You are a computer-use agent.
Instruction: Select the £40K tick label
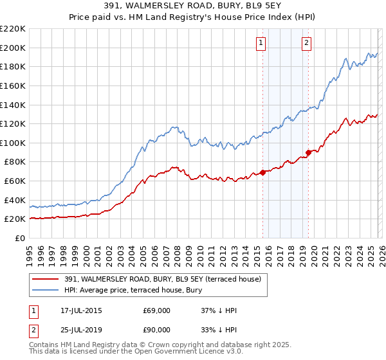15,200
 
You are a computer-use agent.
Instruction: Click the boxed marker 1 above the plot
261,43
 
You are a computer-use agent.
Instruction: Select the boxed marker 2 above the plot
306,43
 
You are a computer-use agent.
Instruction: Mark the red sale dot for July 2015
263,172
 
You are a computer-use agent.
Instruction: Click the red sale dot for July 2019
309,152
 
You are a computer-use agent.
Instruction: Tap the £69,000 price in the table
156,311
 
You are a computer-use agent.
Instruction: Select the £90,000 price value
156,330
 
